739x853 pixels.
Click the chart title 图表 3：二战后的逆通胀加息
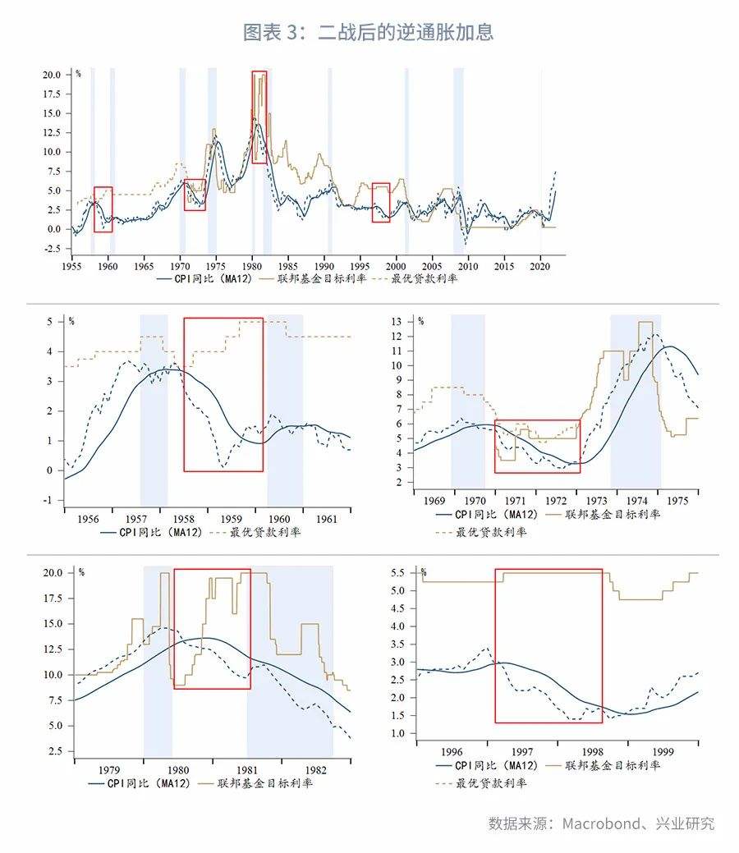pos(369,32)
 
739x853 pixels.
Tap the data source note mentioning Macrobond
pos(601,823)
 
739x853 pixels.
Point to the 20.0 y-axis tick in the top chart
pos(53,75)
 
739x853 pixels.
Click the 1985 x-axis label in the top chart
pos(288,266)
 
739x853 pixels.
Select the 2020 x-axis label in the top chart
pos(539,266)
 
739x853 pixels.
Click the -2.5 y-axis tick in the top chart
pos(53,249)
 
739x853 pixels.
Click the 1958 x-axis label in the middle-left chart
pos(184,519)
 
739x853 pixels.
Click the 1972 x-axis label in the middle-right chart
pos(556,501)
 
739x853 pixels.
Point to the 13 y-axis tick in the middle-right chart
pos(396,322)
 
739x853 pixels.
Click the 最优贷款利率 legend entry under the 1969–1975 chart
pos(481,532)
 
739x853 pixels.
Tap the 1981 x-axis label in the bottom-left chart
pos(247,770)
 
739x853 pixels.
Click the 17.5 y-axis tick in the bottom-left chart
pos(53,598)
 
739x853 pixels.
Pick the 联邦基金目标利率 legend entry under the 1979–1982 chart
pos(255,783)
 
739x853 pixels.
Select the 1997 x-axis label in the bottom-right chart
pos(522,752)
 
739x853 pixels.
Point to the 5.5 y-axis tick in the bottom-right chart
pos(397,572)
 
